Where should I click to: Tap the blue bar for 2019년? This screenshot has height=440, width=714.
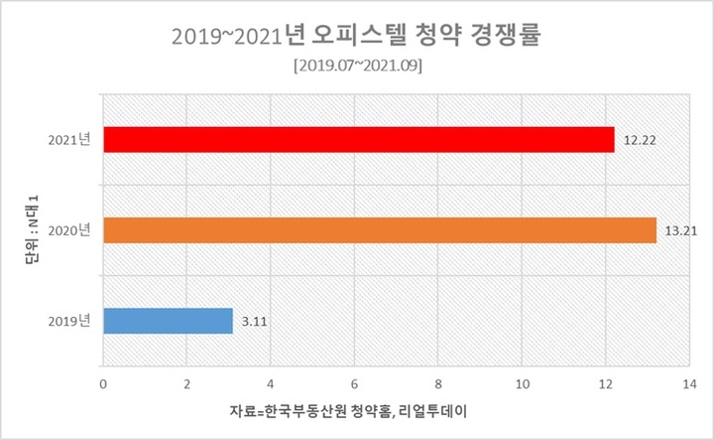(168, 321)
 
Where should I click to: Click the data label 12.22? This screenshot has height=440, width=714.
(640, 141)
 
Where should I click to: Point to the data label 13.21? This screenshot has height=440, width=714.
(680, 231)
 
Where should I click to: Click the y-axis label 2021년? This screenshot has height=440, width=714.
(68, 140)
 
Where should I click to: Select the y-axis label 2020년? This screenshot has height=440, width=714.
(68, 230)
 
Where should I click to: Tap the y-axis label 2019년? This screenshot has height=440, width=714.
(68, 321)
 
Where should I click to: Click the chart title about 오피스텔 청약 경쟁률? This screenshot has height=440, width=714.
(357, 37)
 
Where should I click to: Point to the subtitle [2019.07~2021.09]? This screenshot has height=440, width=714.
(357, 67)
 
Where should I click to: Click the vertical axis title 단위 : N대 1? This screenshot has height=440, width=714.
(31, 230)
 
